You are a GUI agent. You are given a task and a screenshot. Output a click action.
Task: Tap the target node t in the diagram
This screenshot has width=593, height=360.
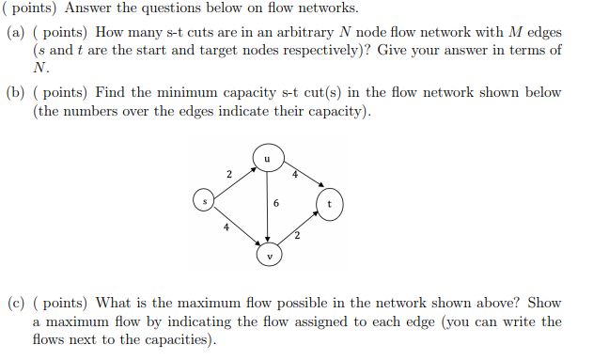(330, 202)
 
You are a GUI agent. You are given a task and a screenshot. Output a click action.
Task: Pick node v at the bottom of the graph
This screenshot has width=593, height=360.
(270, 253)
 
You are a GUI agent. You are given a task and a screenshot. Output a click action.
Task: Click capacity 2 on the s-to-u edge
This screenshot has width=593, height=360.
(228, 173)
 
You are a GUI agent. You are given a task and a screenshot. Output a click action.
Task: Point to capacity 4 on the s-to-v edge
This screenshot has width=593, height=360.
(226, 226)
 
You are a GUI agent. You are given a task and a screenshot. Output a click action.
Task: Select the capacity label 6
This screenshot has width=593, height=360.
(275, 203)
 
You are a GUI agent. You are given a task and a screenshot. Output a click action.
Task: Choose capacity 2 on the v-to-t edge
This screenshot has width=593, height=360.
(296, 235)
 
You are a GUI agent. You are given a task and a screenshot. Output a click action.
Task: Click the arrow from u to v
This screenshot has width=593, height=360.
(268, 211)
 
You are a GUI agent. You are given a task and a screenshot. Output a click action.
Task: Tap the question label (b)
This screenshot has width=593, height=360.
(16, 93)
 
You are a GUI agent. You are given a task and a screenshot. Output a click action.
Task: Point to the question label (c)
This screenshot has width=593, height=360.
(16, 303)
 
